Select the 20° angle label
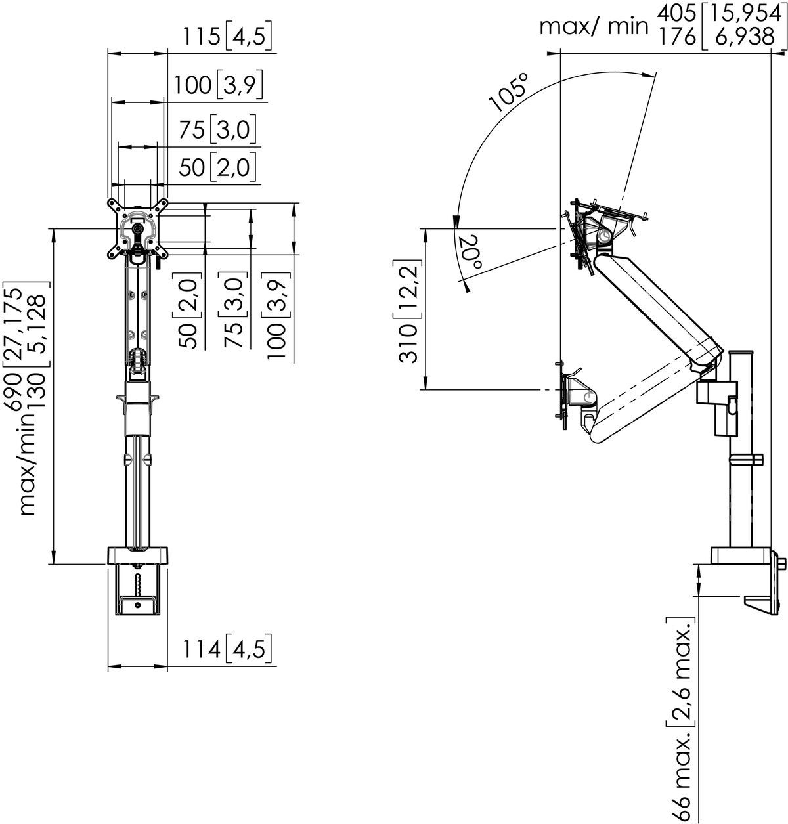tap(471, 253)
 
